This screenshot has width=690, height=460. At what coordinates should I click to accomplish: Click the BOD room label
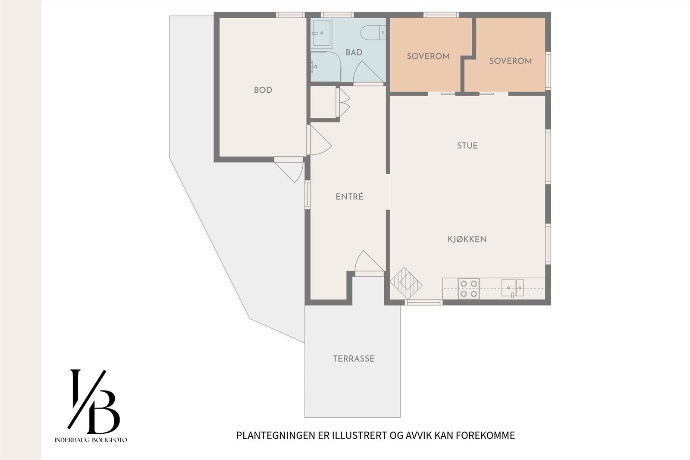263,90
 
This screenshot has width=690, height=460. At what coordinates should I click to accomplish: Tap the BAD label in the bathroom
354,53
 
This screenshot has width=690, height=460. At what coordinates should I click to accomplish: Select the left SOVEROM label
428,56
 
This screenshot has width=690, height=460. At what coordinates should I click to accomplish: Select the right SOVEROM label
510,61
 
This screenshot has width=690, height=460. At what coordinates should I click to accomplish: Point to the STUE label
467,146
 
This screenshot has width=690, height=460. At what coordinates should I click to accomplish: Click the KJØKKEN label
467,239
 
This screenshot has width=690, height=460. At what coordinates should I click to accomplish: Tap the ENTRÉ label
349,197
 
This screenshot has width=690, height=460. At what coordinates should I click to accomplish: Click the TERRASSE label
354,359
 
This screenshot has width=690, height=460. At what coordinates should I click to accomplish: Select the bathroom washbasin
321,32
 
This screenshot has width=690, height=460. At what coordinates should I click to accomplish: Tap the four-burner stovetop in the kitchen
468,289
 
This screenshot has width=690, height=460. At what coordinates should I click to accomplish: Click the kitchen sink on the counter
512,288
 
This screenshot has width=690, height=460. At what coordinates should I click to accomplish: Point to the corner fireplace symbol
406,283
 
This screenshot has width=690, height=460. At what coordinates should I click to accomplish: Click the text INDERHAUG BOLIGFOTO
91,440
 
